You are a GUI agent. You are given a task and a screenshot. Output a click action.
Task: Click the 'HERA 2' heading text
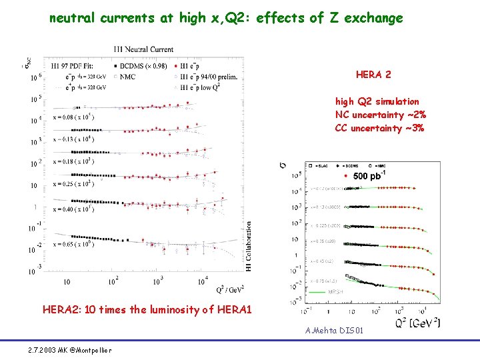(373, 75)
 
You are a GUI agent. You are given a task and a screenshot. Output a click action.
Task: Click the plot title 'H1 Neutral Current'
(143, 49)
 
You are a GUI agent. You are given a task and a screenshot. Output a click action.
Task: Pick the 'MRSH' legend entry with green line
(335, 291)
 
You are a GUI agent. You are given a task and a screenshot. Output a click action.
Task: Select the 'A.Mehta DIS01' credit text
(334, 330)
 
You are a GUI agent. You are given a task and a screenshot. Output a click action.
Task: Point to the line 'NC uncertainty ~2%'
(380, 115)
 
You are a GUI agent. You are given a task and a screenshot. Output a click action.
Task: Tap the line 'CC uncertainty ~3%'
(380, 128)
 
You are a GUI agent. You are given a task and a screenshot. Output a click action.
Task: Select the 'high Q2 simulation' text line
(377, 101)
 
